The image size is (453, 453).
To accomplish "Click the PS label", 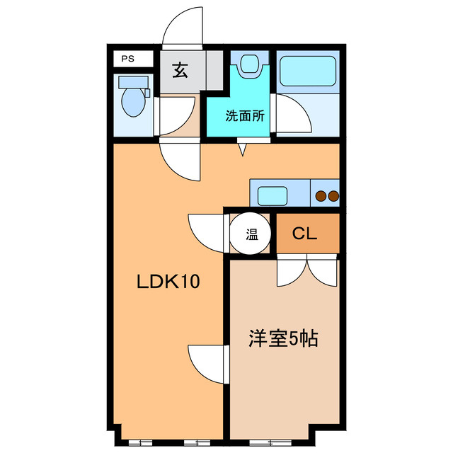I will [x=128, y=59].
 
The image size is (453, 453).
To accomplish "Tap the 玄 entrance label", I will [x=181, y=71].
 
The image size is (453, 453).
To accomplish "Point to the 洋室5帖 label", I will [x=282, y=339].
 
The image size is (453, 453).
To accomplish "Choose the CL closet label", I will [x=306, y=233].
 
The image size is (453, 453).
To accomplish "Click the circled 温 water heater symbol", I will [x=251, y=233].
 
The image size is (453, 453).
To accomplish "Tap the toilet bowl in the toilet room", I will [x=132, y=101].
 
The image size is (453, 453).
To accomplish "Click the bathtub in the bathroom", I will [x=306, y=73].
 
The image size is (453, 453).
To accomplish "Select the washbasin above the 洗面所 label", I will [x=250, y=65].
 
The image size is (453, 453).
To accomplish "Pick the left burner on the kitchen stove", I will [x=320, y=195].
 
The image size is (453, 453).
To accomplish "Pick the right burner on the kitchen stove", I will [x=333, y=195].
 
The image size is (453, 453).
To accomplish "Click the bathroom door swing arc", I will [x=292, y=113].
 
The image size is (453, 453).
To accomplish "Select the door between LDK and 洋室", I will [x=208, y=363].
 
